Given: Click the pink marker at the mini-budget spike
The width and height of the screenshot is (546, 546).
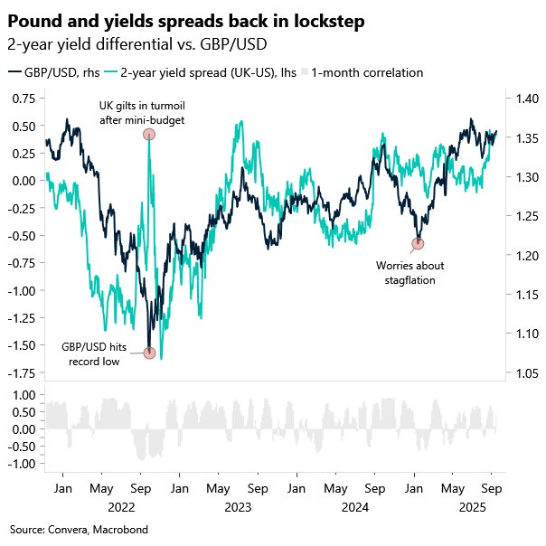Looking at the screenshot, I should point(149,134).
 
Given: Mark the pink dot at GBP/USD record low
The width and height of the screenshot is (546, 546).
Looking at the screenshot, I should point(149,353).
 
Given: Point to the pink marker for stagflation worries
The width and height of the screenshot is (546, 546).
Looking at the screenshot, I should point(418,243).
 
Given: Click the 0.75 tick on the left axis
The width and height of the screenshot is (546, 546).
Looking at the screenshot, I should point(24,99).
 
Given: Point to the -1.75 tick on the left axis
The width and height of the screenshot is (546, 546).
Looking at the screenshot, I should point(22,373).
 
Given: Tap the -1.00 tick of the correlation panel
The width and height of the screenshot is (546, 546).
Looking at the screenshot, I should point(22,464).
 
